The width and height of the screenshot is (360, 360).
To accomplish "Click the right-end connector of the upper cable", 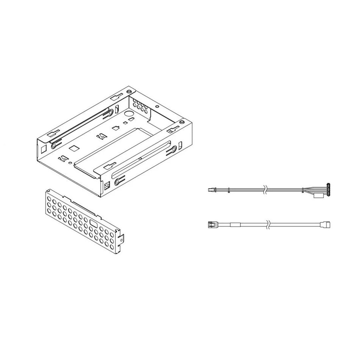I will pyautogui.click(x=329, y=188).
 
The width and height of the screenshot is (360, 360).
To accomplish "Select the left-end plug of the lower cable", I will pyautogui.click(x=211, y=224).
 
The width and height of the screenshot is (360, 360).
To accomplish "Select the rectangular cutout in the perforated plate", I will pyautogui.click(x=93, y=222).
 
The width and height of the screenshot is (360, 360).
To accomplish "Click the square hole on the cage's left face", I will pyautogui.click(x=43, y=147).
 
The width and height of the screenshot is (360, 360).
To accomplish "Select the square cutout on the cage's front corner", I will pyautogui.click(x=106, y=186).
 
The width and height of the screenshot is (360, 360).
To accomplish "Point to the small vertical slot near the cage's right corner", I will pyautogui.click(x=180, y=146).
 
